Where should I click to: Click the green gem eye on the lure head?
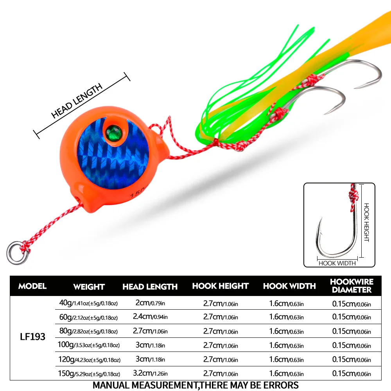click(x=114, y=133)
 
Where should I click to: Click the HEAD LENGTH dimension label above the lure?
click(x=77, y=100)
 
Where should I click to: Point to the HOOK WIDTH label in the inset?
click(x=337, y=263)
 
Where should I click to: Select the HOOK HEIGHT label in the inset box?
click(x=366, y=222)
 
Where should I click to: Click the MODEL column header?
click(x=32, y=286)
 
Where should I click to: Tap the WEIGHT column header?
click(x=89, y=287)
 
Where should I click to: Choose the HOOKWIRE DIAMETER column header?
click(x=352, y=286)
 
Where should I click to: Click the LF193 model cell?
click(x=33, y=337)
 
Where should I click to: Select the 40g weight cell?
click(x=88, y=303)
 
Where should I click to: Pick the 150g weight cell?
click(x=89, y=373)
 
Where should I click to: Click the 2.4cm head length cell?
click(x=150, y=316)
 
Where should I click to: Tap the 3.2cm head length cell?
click(x=150, y=373)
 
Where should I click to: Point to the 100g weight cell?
click(x=88, y=345)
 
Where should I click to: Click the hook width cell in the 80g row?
click(x=286, y=331)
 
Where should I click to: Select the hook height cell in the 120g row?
click(x=221, y=359)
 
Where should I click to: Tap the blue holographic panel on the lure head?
click(x=113, y=154)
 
